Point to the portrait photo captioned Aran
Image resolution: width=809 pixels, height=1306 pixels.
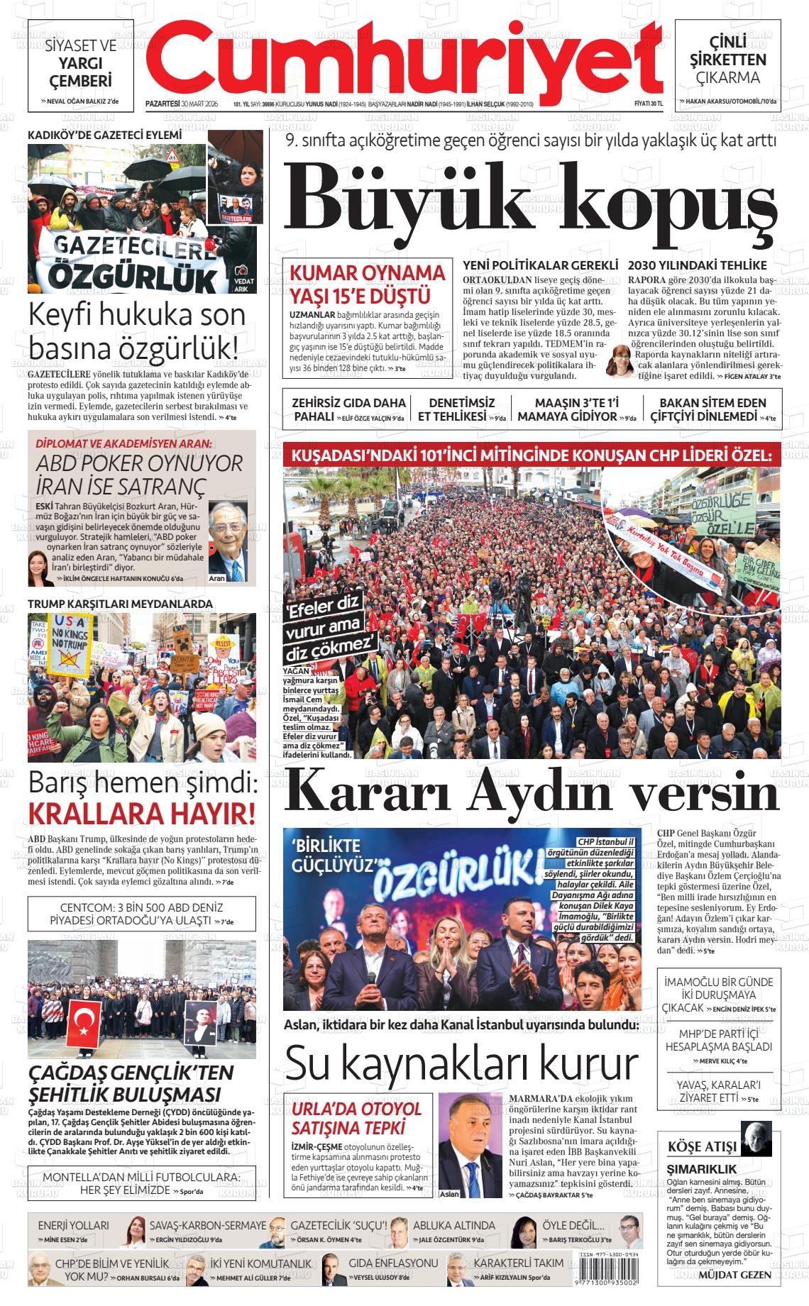(229, 541)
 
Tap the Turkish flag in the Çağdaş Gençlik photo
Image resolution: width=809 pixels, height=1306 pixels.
(87, 1022)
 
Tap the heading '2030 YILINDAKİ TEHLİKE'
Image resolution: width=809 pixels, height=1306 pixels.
(698, 265)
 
